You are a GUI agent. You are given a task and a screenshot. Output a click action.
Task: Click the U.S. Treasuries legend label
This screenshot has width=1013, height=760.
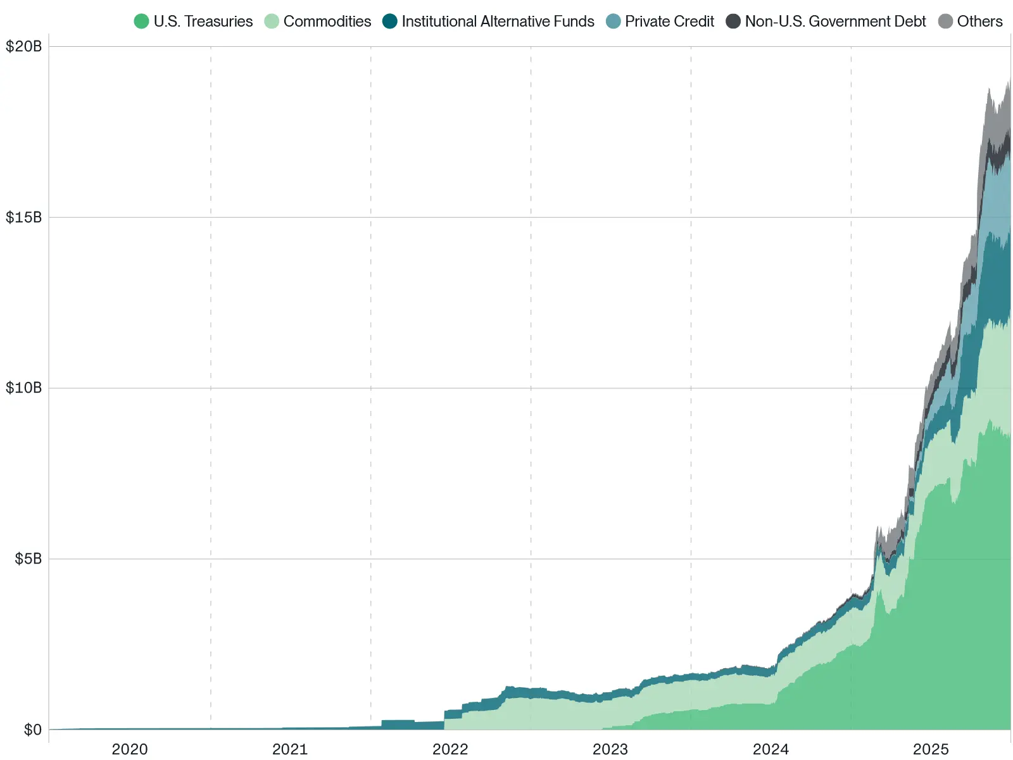(x=203, y=22)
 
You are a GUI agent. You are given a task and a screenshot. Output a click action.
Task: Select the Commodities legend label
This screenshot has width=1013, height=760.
(x=327, y=22)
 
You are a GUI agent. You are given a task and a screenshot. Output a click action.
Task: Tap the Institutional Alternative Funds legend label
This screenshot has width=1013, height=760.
(x=498, y=22)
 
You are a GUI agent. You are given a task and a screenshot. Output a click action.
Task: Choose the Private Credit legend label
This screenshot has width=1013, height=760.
(x=669, y=22)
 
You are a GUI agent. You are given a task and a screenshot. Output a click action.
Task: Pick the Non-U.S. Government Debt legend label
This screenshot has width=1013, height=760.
(x=835, y=22)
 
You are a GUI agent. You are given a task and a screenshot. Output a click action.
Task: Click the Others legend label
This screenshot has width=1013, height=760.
(x=979, y=22)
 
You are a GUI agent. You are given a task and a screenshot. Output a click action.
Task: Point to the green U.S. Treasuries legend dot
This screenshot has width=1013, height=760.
(x=141, y=22)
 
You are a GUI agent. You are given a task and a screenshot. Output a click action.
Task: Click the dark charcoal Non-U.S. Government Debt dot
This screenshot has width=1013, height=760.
(x=733, y=22)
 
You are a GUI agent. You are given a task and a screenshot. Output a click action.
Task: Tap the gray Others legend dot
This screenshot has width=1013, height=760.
(x=945, y=22)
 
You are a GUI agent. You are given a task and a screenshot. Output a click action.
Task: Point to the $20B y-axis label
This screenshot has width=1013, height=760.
(x=23, y=47)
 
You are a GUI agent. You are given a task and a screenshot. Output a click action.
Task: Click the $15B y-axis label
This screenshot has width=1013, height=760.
(x=23, y=218)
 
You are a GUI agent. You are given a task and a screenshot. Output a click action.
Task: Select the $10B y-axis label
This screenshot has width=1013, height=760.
(x=23, y=388)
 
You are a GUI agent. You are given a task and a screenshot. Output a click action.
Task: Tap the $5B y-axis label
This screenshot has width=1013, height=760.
(x=28, y=559)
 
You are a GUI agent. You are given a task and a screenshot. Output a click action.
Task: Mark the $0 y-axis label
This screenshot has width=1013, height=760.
(x=33, y=730)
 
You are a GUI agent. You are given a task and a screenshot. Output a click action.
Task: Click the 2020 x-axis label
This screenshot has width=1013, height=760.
(x=130, y=749)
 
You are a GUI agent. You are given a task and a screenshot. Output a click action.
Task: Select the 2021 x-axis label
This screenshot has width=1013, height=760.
(x=290, y=749)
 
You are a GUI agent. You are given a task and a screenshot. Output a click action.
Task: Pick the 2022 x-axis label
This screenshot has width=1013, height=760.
(x=450, y=749)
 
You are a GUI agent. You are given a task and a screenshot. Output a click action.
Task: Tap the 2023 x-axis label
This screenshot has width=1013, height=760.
(x=610, y=749)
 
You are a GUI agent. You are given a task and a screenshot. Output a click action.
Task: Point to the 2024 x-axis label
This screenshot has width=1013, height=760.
(x=771, y=749)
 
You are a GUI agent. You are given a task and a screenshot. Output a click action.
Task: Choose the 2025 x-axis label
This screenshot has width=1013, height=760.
(x=931, y=749)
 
